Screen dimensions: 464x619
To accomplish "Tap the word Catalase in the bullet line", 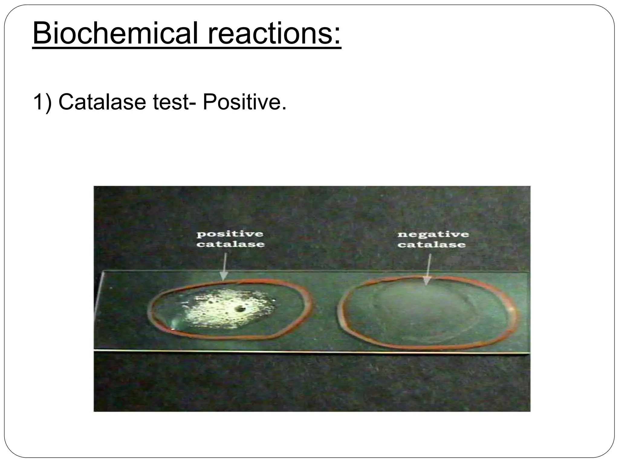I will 102,102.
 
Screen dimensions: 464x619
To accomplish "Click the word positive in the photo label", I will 230,234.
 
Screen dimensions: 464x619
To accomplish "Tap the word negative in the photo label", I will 433,234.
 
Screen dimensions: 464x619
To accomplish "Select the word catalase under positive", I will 230,244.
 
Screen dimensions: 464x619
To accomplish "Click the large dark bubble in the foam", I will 241,309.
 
